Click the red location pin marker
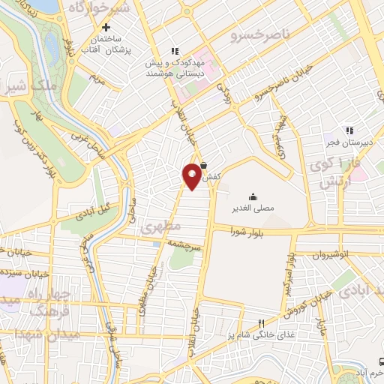(x=192, y=175)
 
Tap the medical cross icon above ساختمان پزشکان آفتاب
(x=106, y=27)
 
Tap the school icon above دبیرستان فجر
(x=348, y=130)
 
